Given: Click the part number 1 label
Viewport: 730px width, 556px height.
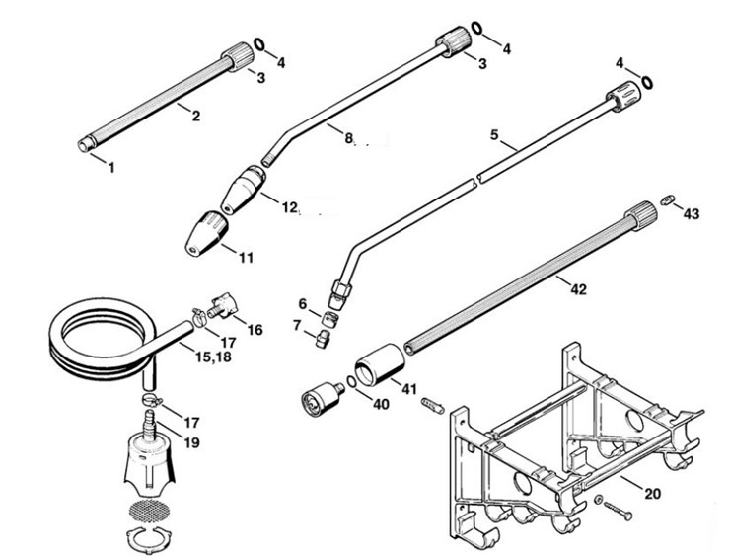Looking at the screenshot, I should pos(110,168).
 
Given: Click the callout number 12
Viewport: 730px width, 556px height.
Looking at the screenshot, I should pos(289,208).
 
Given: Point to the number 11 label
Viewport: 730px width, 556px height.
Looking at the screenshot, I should pos(246,258).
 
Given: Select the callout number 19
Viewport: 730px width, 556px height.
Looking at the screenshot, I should pos(191,443).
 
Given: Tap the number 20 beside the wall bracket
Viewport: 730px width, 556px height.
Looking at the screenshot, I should pos(653,492).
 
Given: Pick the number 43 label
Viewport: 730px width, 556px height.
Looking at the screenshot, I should pos(691,214).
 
